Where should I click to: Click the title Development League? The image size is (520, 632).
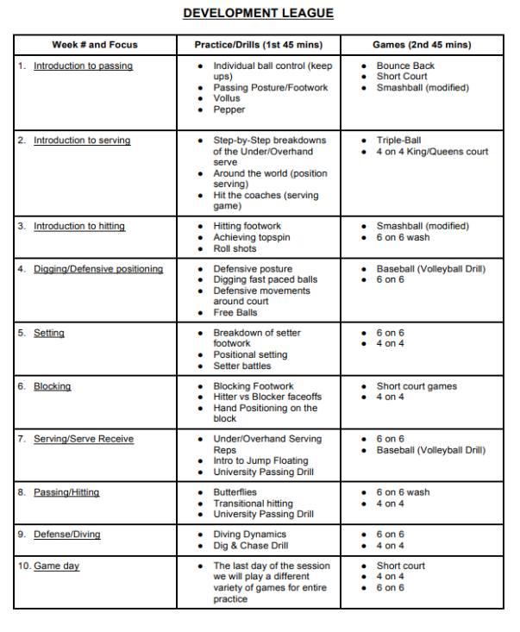point(259,13)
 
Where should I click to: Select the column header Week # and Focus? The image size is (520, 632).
point(95,45)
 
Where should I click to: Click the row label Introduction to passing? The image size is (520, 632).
point(83,66)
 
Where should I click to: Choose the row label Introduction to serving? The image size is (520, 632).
point(82,141)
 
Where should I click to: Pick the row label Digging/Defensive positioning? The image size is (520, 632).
point(97,269)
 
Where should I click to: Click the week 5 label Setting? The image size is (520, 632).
point(49,333)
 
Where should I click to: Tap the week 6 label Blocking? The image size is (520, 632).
point(52,386)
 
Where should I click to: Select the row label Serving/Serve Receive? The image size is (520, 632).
point(84,439)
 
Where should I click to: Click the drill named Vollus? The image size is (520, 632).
point(227,98)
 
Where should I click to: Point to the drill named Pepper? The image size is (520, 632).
point(229,110)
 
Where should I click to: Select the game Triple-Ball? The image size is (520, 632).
point(398,141)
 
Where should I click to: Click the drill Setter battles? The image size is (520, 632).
point(242,366)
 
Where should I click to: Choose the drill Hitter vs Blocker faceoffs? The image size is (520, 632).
point(266,397)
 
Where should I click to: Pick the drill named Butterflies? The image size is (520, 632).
point(235,492)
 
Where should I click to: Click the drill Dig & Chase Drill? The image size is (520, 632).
point(251,545)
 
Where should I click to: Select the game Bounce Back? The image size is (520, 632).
point(405,66)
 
